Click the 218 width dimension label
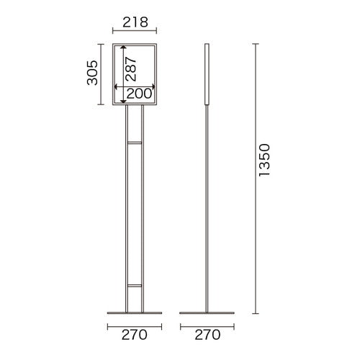[x=135, y=22]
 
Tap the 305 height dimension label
[x=92, y=73]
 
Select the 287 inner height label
[x=131, y=68]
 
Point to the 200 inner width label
[x=139, y=94]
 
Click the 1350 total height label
[x=264, y=160]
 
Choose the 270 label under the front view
[x=134, y=335]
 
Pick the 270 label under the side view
[x=207, y=335]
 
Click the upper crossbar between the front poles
[x=135, y=143]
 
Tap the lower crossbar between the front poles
[x=135, y=286]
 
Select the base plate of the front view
[x=135, y=313]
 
